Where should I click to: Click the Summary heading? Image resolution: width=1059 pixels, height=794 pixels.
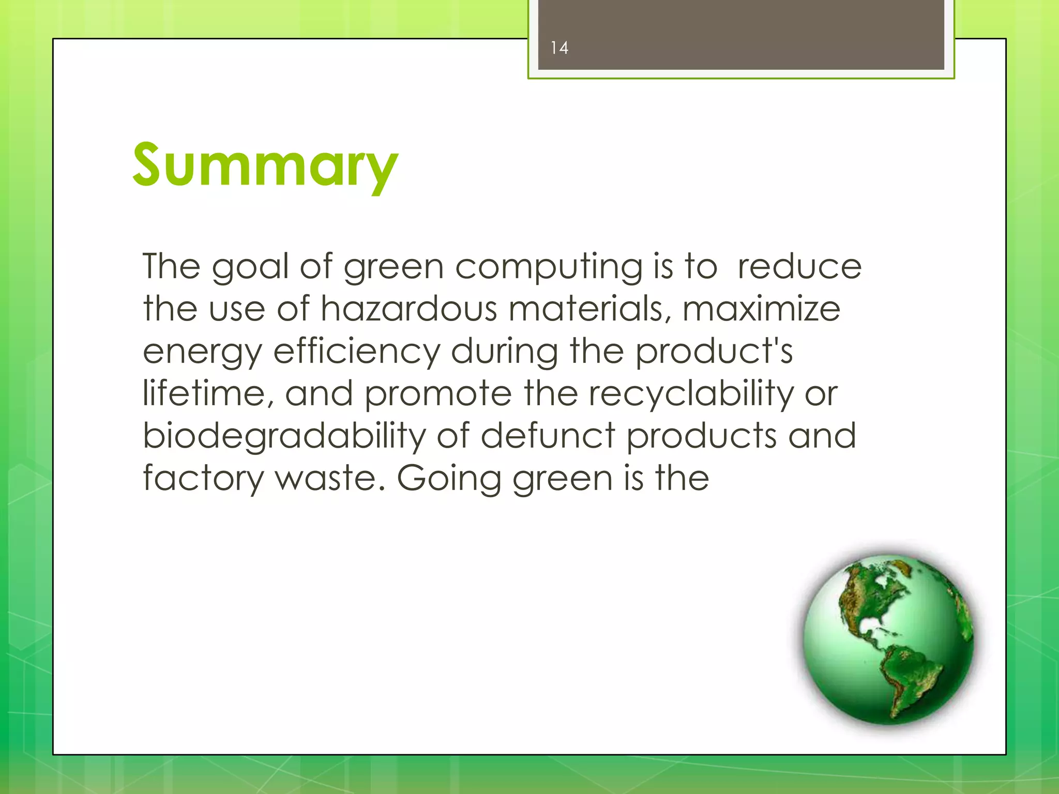[x=265, y=166]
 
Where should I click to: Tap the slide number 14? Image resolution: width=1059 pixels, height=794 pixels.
[x=559, y=48]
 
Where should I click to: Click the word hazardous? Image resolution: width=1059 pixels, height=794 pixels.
[x=408, y=309]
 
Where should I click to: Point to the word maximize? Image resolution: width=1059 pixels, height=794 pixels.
[x=761, y=309]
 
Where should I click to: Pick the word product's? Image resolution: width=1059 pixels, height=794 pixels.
[x=714, y=352]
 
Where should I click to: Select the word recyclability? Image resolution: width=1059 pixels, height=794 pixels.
[x=691, y=394]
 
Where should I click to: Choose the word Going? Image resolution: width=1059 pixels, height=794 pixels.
[x=449, y=479]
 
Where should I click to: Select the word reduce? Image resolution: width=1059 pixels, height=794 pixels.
[x=799, y=267]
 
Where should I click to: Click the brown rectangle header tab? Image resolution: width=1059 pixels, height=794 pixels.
[x=740, y=35]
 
